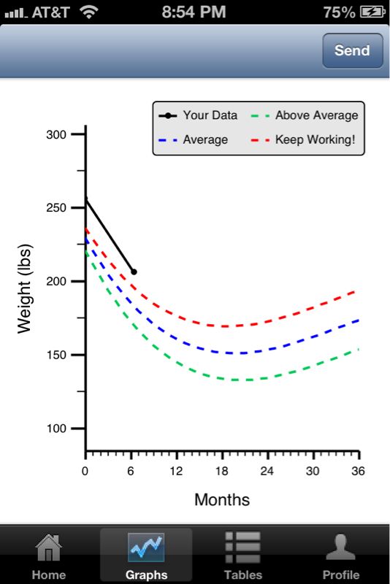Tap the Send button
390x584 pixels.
[x=352, y=50]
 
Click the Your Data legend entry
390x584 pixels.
[x=198, y=115]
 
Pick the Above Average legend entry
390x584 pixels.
[x=305, y=115]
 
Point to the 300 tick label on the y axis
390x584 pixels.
[x=56, y=134]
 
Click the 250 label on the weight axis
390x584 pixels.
[x=56, y=208]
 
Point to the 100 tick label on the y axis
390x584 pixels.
[x=56, y=429]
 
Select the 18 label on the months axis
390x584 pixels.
[x=221, y=472]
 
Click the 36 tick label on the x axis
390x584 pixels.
[x=358, y=472]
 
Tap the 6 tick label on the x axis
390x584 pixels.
[x=131, y=472]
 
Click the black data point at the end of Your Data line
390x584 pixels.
[x=134, y=272]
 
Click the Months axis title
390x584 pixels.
[x=222, y=499]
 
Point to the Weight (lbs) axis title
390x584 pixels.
[x=25, y=288]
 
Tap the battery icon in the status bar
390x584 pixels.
[x=372, y=12]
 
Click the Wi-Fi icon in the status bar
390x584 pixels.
[x=89, y=12]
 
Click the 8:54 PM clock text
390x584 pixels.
[x=194, y=12]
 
